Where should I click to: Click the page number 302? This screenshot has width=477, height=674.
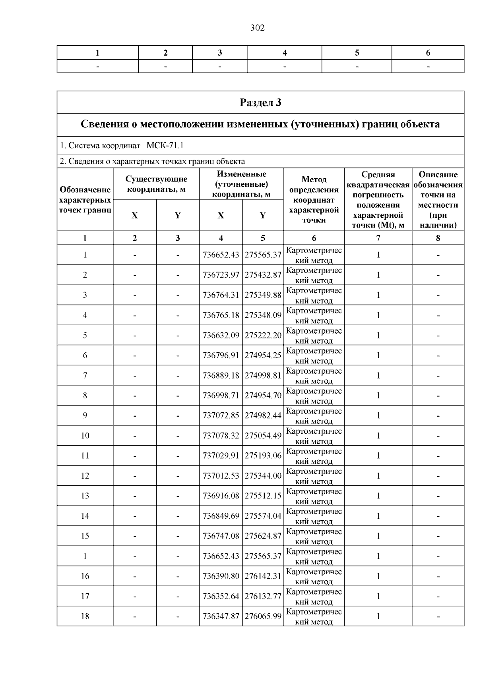click(258, 28)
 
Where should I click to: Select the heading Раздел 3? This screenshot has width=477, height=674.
click(260, 102)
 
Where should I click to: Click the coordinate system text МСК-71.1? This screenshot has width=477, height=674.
click(165, 145)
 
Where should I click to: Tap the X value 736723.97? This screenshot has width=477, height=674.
click(221, 275)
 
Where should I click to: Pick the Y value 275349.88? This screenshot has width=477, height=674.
click(263, 295)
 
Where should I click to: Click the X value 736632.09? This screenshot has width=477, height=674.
click(221, 335)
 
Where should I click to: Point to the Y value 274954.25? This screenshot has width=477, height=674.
click(263, 355)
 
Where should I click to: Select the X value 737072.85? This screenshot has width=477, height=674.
click(221, 415)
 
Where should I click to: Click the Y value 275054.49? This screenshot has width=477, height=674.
click(263, 436)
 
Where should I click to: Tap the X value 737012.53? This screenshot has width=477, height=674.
click(221, 476)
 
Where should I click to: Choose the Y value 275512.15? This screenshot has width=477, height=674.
click(263, 496)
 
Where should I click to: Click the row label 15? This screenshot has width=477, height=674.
click(85, 536)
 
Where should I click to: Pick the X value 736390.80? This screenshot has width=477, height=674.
click(221, 576)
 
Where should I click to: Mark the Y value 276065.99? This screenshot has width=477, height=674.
click(263, 616)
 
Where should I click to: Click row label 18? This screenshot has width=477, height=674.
click(85, 616)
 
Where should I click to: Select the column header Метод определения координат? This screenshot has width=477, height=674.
click(314, 200)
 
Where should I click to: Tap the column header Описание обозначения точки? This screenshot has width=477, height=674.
click(438, 200)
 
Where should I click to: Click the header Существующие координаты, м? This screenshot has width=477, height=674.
click(156, 184)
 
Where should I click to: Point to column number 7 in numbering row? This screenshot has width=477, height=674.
click(378, 238)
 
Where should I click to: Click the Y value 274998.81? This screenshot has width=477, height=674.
click(263, 375)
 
